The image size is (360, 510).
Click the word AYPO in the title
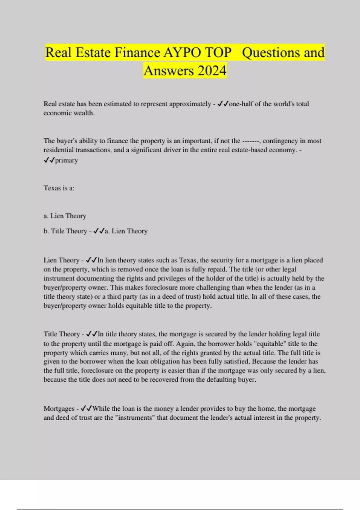[182, 53]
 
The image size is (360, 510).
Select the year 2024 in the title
[212, 71]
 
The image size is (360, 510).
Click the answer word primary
[66, 160]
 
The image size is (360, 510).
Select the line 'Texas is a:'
[59, 188]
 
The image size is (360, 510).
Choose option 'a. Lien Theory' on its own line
[65, 216]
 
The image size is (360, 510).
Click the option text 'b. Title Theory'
[65, 231]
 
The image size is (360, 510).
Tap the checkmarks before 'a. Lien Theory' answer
[99, 231]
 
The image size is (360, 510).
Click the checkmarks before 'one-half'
[223, 104]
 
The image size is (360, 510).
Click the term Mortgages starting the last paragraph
[59, 409]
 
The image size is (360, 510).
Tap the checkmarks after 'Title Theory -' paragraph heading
[91, 334]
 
